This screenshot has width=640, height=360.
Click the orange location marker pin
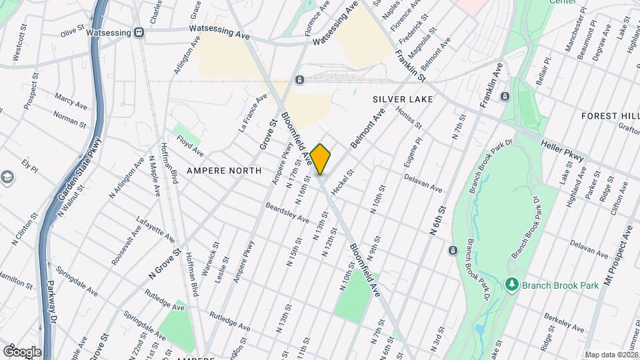pos(321,159)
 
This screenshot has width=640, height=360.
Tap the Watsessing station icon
pos(139,32)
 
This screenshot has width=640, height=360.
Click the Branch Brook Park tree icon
pos(512,285)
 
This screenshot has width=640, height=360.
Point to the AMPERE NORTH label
pos(223,171)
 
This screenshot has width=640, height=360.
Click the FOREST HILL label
pos(609,116)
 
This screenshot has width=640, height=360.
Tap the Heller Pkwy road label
pos(563,151)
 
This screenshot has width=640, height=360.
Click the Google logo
pos(22,351)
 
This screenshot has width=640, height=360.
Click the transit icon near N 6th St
pos(453,250)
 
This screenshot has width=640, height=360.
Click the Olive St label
pos(73,31)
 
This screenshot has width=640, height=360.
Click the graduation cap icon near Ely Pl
pos(7,177)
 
